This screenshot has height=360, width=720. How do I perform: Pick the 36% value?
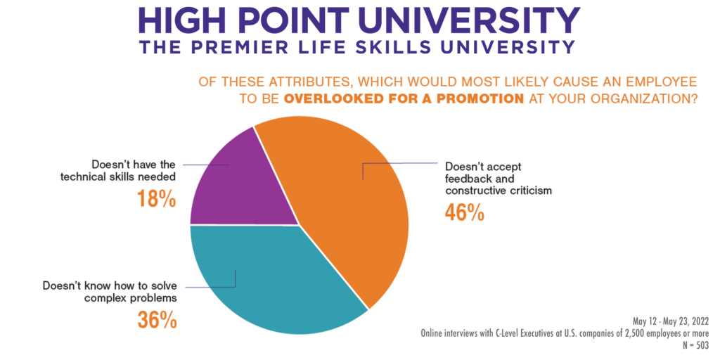[x=156, y=319]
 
